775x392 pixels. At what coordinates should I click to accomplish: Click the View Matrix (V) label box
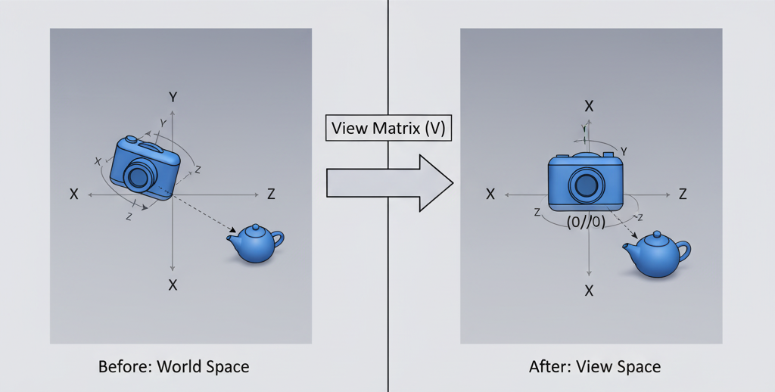click(x=388, y=128)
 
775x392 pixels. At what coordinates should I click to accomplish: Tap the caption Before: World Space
click(x=173, y=367)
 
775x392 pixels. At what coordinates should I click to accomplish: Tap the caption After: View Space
click(x=594, y=367)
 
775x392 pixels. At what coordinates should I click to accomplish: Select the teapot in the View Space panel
click(x=656, y=254)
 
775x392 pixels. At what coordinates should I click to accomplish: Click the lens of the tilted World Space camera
click(x=139, y=177)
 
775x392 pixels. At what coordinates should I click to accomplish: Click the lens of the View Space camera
click(x=585, y=184)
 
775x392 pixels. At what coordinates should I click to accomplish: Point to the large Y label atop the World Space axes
click(x=173, y=97)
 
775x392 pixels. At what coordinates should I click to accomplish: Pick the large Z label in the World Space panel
click(x=271, y=194)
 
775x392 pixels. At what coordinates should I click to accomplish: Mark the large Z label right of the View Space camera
click(x=683, y=194)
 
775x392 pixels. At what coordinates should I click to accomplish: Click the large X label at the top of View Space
click(x=589, y=106)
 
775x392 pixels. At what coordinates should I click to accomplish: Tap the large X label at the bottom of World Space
click(x=173, y=285)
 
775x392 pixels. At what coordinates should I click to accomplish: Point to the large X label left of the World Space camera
click(x=74, y=194)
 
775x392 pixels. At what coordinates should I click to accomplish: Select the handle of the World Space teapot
click(x=278, y=240)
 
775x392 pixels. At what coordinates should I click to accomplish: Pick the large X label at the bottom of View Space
click(x=589, y=290)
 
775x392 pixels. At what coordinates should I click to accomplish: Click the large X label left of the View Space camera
click(x=490, y=194)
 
